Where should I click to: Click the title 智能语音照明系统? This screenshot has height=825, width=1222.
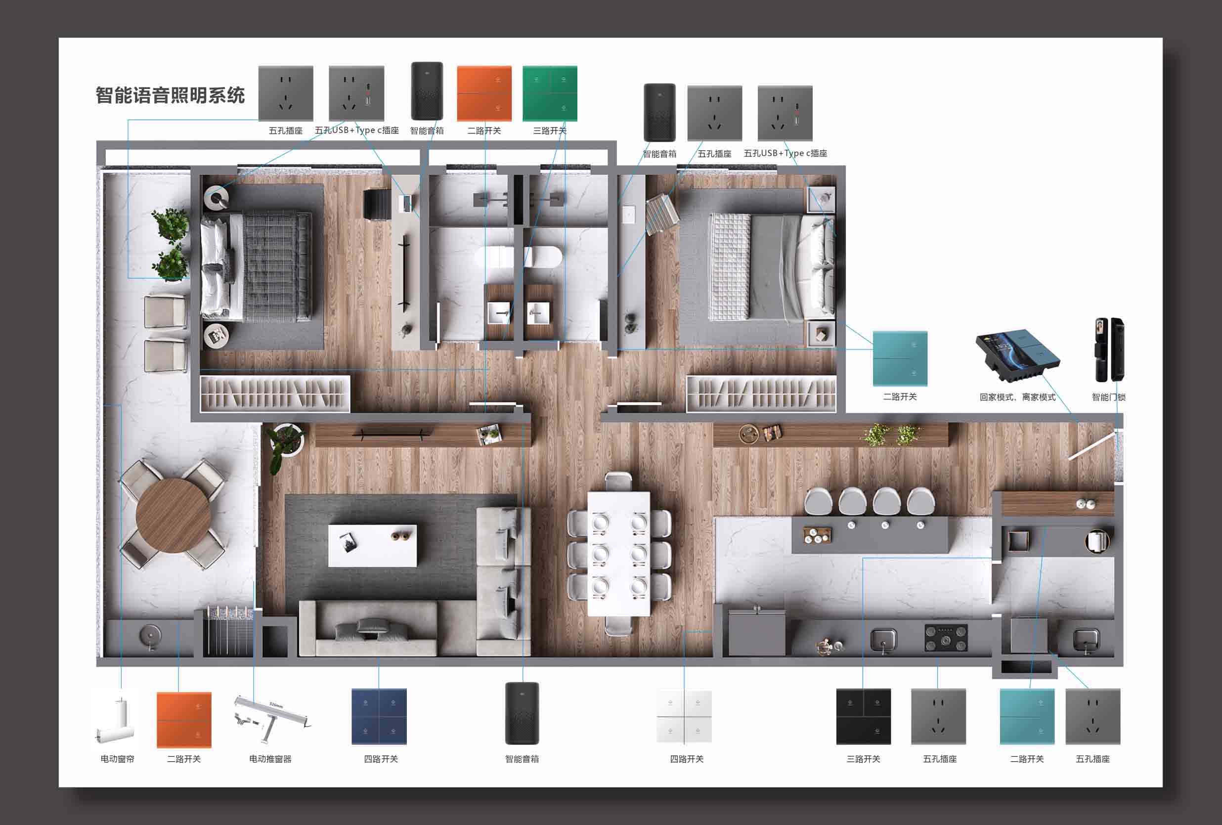click(170, 95)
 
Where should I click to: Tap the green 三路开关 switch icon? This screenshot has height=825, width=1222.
click(550, 93)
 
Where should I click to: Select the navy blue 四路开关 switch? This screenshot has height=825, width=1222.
click(379, 716)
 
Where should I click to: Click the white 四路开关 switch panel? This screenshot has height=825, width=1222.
click(684, 716)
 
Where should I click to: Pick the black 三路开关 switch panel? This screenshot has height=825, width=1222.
click(864, 716)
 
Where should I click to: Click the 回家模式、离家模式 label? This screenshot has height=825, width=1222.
click(1017, 397)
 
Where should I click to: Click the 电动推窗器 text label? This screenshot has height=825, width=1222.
click(270, 759)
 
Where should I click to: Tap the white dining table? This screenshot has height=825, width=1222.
click(619, 553)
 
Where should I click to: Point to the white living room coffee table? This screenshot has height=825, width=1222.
click(372, 545)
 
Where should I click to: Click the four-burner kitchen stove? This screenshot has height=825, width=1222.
click(946, 638)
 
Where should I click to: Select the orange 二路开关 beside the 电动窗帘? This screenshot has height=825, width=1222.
click(184, 719)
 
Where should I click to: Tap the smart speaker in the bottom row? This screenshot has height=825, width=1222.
click(522, 713)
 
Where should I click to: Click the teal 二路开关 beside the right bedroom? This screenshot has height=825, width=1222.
click(900, 358)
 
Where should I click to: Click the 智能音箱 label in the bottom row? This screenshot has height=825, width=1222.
click(522, 759)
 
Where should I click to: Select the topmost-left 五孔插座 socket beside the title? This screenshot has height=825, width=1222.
click(286, 93)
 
